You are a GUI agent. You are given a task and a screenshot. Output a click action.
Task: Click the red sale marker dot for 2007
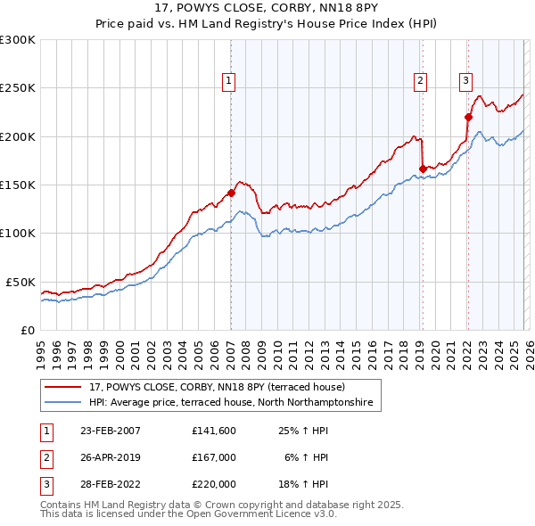[x=231, y=193]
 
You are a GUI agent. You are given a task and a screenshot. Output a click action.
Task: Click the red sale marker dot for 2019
[x=422, y=168]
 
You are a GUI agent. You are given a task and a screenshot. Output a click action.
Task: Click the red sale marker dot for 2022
[x=467, y=116]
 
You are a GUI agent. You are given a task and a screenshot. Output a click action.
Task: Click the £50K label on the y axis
[x=21, y=282]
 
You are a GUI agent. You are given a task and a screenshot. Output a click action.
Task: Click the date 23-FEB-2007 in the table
[x=110, y=431]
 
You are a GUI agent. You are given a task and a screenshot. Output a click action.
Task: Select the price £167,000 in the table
[x=214, y=457]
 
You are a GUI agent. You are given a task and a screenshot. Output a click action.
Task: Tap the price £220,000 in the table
[x=214, y=483]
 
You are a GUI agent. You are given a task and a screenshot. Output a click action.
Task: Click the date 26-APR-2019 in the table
[x=110, y=457]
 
